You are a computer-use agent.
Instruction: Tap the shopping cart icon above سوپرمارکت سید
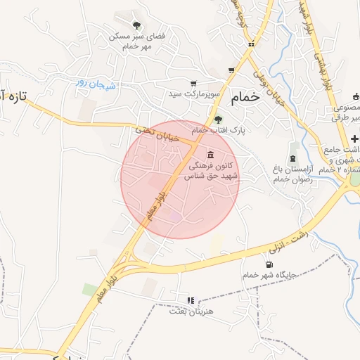point(193,83)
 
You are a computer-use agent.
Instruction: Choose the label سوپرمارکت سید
point(194,94)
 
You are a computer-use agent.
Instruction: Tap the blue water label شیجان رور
point(96,84)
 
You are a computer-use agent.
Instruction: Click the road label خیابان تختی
point(166,134)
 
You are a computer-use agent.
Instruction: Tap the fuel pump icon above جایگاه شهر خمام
point(269,264)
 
